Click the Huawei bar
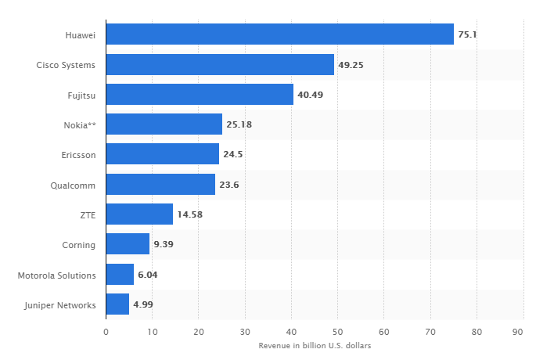[x=279, y=34]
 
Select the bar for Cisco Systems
[x=220, y=65]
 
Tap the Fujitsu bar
[x=200, y=95]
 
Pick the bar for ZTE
[x=139, y=214]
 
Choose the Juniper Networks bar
[x=117, y=304]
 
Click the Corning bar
[x=128, y=244]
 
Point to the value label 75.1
[x=467, y=34]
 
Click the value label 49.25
[x=351, y=65]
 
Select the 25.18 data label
[x=239, y=124]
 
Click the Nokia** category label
[x=80, y=125]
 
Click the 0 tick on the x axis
[x=106, y=332]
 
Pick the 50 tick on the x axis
[x=337, y=332]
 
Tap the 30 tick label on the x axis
[x=245, y=332]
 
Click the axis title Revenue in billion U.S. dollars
[x=314, y=346]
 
